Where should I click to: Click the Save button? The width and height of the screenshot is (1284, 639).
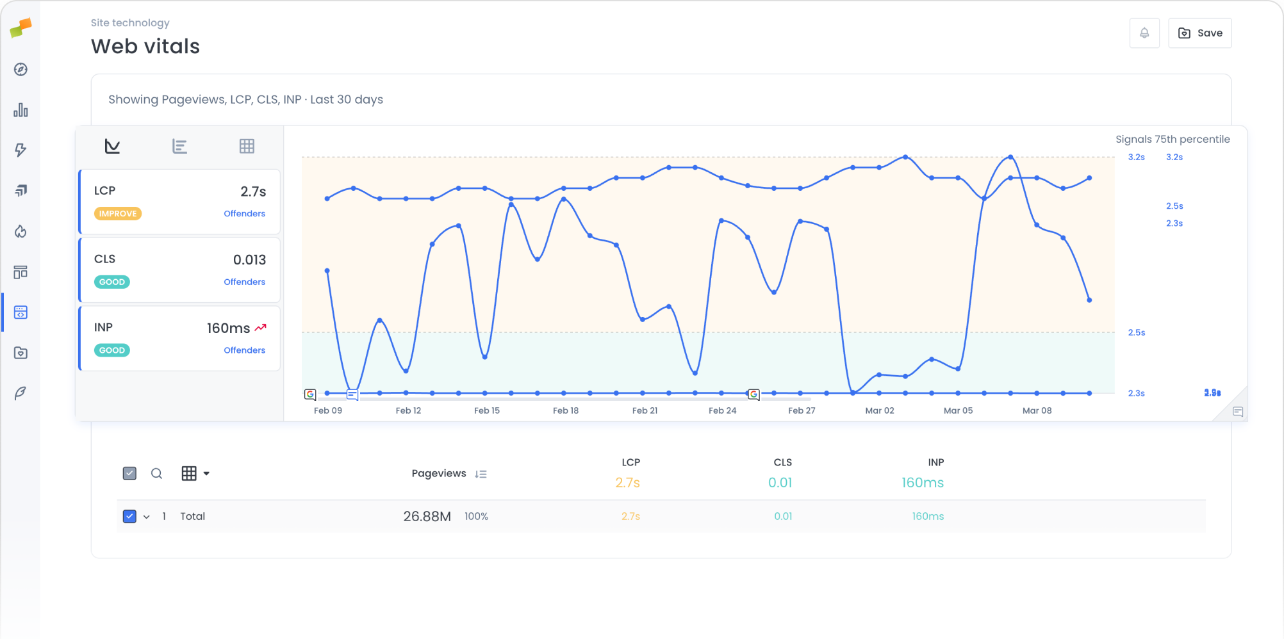tap(1199, 33)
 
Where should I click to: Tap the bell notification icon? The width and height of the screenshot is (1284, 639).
tap(1144, 33)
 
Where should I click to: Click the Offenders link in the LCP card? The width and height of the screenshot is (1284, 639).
tap(244, 214)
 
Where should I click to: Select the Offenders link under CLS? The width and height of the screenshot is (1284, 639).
tap(244, 282)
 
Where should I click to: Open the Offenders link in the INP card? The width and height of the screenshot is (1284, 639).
tap(244, 350)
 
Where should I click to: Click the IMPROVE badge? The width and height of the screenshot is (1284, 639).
tap(118, 214)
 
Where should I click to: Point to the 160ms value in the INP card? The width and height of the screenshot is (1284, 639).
tap(228, 328)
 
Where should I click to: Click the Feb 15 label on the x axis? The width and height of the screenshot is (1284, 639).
tap(487, 411)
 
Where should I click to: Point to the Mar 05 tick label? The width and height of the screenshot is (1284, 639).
tap(958, 411)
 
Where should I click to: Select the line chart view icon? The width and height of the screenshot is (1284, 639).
tap(112, 147)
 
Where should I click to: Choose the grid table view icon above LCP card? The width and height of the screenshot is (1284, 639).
tap(247, 147)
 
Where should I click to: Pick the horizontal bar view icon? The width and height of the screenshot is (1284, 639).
tap(179, 147)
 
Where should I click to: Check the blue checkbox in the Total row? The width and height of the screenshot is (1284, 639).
tap(129, 517)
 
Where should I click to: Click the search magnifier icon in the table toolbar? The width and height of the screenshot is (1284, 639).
tap(156, 474)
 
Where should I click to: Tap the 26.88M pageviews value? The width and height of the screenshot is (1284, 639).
tap(427, 517)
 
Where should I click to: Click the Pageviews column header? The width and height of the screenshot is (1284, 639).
tap(439, 474)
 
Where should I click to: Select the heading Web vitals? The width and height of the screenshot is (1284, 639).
tap(145, 47)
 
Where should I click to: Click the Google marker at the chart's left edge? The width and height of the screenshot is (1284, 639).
tap(310, 394)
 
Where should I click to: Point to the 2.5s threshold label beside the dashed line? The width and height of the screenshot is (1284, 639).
tap(1136, 333)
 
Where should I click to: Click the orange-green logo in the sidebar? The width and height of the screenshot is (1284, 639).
tap(21, 28)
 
